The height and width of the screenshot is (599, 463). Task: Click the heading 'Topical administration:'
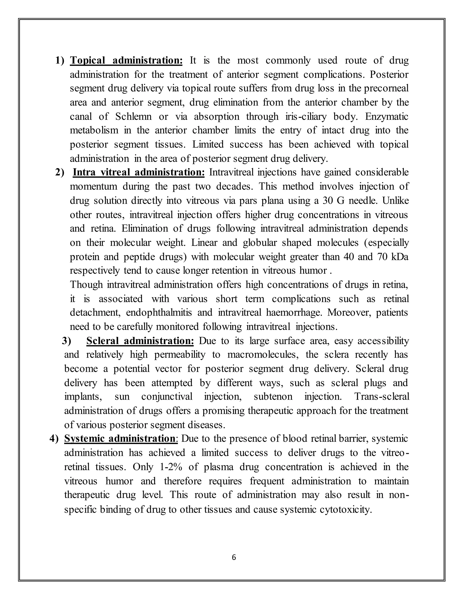point(126,61)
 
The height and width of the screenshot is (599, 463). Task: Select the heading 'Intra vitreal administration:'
point(139,172)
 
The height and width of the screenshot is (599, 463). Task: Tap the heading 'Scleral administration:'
point(140,341)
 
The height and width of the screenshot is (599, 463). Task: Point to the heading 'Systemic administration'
point(120,439)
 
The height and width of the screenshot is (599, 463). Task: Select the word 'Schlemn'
point(133,117)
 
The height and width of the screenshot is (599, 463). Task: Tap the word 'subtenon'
point(273,397)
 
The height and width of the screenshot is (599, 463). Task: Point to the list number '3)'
point(66,341)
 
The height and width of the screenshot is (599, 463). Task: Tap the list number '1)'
point(60,61)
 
